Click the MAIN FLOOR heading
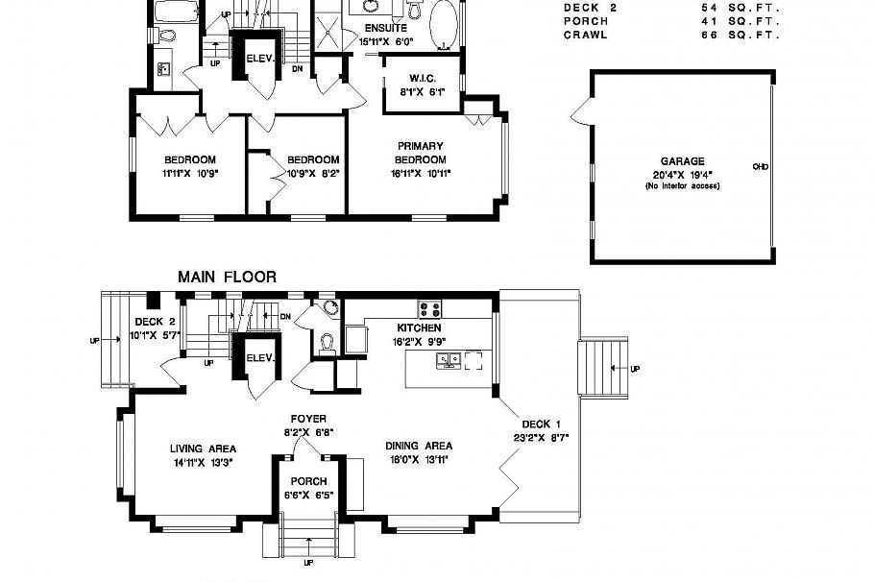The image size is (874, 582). [227, 277]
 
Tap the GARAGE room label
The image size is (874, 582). [682, 161]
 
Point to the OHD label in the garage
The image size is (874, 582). [760, 166]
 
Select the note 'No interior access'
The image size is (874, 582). [682, 185]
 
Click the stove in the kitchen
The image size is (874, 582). [429, 309]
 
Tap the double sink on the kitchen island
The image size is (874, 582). [448, 360]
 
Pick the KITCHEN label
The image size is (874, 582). [418, 327]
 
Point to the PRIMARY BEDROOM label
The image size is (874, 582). [420, 153]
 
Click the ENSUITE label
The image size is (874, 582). [385, 28]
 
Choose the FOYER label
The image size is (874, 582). [309, 419]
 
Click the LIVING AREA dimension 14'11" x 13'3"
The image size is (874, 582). [203, 462]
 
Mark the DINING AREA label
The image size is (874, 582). [419, 446]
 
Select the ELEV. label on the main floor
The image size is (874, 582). [260, 357]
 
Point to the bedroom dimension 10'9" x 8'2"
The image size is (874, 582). [313, 173]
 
